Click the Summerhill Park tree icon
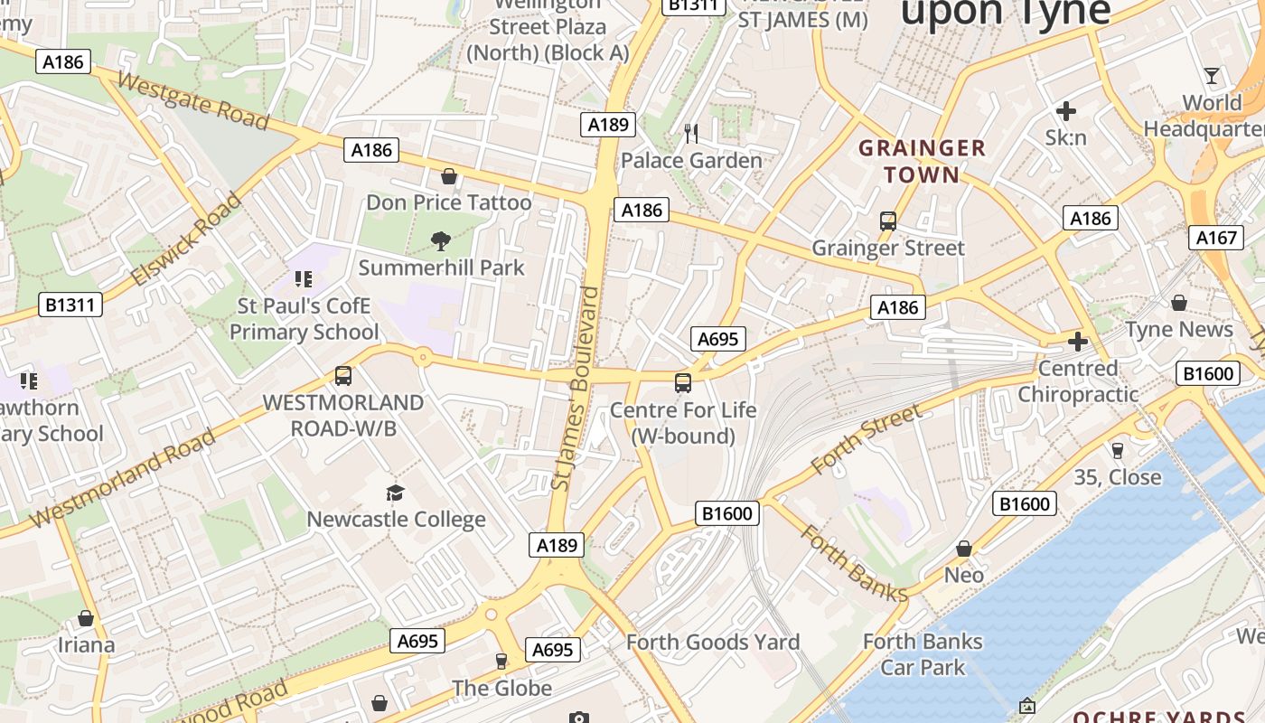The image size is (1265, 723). [x=441, y=240]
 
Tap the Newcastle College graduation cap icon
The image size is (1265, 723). [x=395, y=493]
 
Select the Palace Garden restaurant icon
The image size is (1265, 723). [x=691, y=134]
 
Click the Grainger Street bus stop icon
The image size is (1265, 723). [x=887, y=221]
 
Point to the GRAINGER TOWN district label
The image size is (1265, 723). [x=922, y=161]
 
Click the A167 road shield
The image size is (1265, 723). [x=1215, y=238]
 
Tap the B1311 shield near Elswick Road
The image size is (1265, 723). [x=70, y=305]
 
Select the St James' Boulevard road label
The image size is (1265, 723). [x=576, y=389]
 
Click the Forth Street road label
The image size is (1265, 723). [x=867, y=440]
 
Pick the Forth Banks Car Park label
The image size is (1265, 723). [x=923, y=654]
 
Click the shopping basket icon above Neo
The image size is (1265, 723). [x=964, y=549]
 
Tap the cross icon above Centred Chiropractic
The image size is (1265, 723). [x=1077, y=342]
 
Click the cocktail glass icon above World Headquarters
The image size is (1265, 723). [x=1212, y=75]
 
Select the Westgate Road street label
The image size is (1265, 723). [x=193, y=101]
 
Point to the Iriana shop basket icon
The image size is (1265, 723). [x=86, y=618]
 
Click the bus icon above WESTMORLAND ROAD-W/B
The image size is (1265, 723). [x=342, y=375]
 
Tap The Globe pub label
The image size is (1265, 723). [x=501, y=688]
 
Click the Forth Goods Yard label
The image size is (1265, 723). [x=713, y=643]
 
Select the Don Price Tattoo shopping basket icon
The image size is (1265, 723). [x=448, y=175]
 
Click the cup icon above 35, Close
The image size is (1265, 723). [x=1117, y=450]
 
